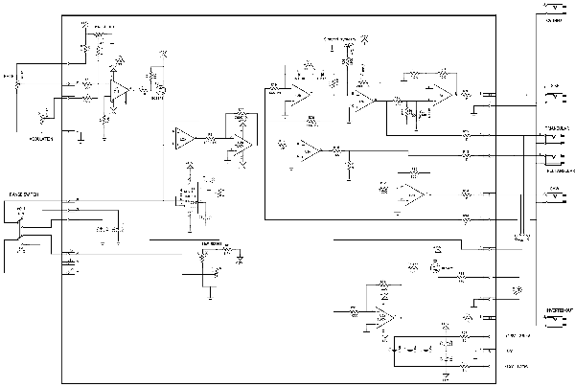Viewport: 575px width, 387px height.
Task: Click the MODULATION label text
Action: click(41, 138)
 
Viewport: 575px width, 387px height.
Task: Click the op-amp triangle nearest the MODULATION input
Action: click(120, 91)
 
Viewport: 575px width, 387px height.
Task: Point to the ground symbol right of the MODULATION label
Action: click(82, 137)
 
